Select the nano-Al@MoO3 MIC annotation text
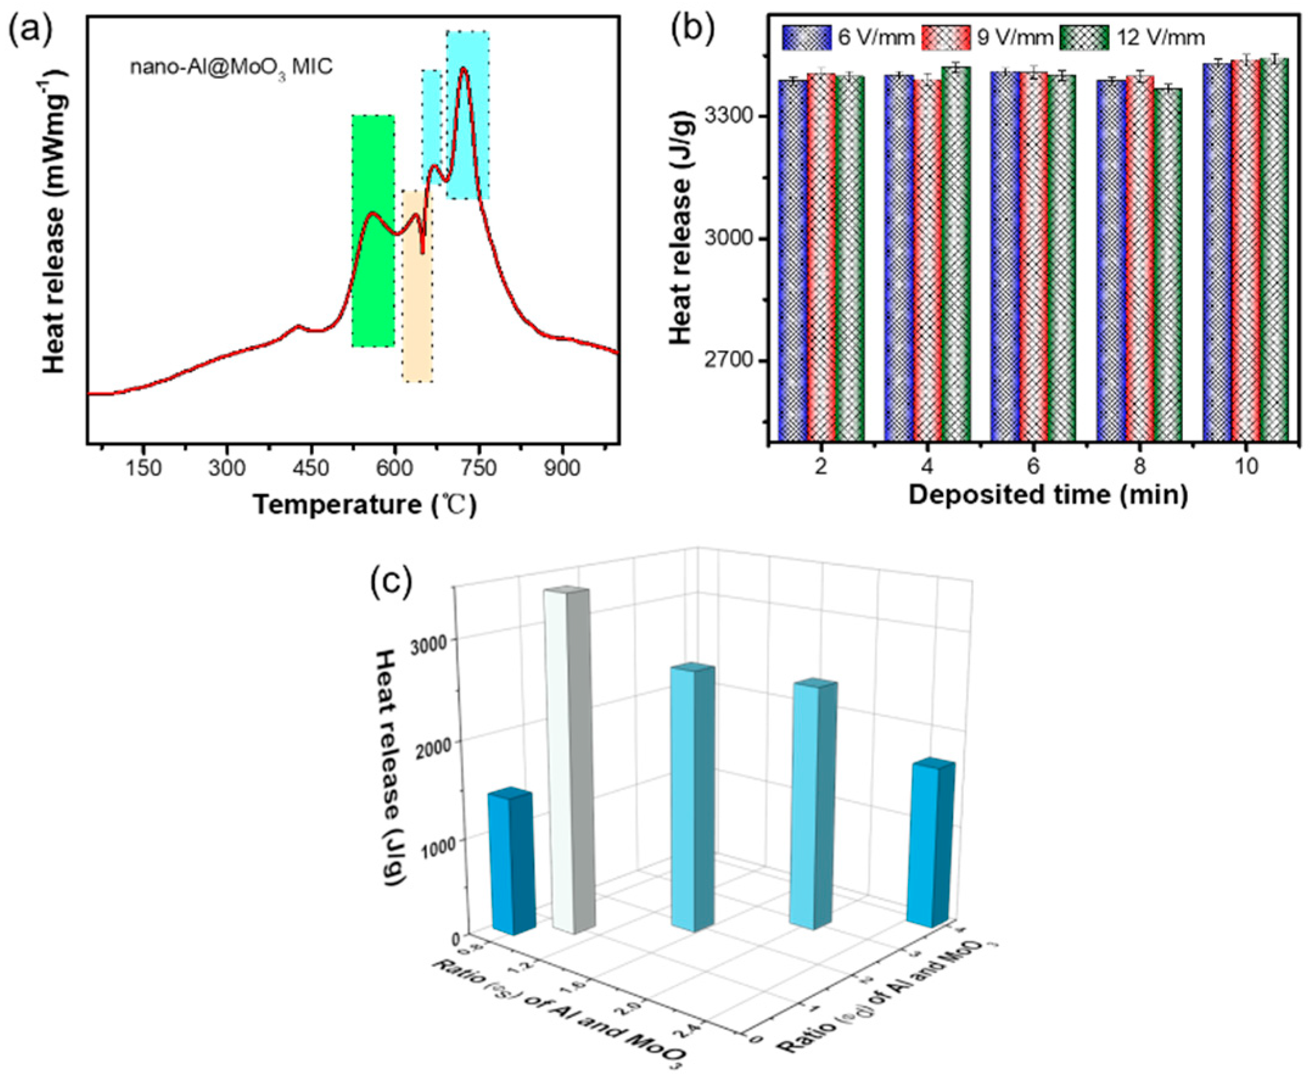pos(231,67)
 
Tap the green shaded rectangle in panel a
pos(373,231)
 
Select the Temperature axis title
pos(365,504)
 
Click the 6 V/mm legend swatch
pos(806,37)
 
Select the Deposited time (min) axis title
pos(1047,494)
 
